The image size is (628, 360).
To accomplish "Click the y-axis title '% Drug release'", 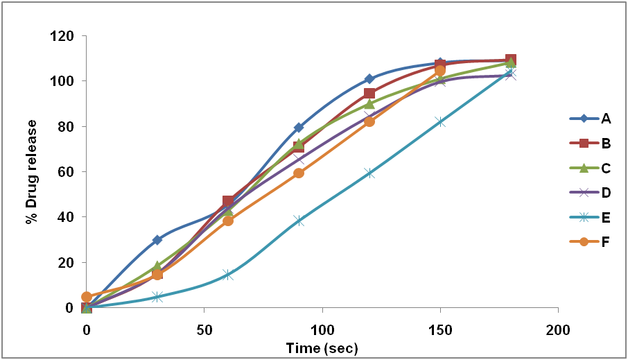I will [31, 171].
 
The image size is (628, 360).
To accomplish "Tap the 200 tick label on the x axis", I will [558, 327].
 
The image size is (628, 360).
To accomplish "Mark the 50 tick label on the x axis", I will [204, 327].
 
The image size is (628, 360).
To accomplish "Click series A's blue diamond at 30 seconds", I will [157, 240].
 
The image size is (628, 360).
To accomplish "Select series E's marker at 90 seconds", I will [299, 221].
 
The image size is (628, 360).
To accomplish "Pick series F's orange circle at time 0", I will [87, 297].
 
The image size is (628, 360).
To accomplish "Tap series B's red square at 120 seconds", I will [369, 93].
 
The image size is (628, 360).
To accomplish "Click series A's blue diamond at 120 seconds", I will [369, 79].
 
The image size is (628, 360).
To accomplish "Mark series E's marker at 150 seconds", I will [440, 121].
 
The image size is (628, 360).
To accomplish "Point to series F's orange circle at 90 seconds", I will [299, 173].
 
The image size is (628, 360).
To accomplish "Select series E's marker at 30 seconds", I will [157, 297].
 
